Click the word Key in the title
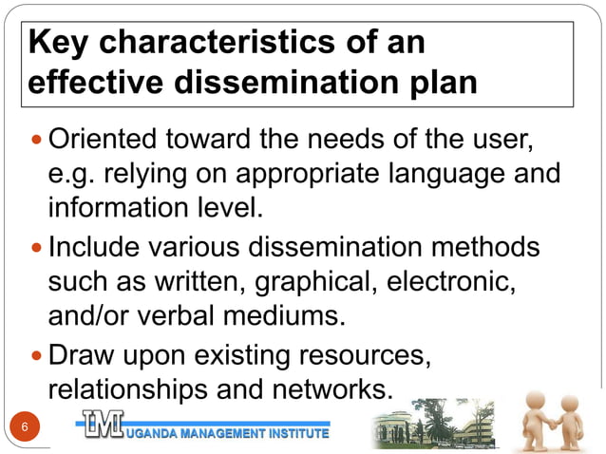tap(59, 44)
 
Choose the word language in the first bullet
tap(441, 176)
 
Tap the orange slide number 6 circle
tap(25, 428)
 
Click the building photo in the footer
tap(433, 425)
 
